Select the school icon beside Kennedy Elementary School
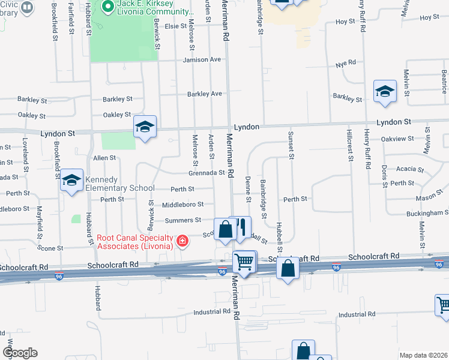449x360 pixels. tap(71, 180)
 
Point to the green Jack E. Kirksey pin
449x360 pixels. tap(108, 7)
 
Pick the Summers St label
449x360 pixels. tap(183, 220)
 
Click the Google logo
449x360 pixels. tap(20, 353)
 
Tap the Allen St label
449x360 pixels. tap(104, 158)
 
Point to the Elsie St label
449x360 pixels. tap(176, 26)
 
